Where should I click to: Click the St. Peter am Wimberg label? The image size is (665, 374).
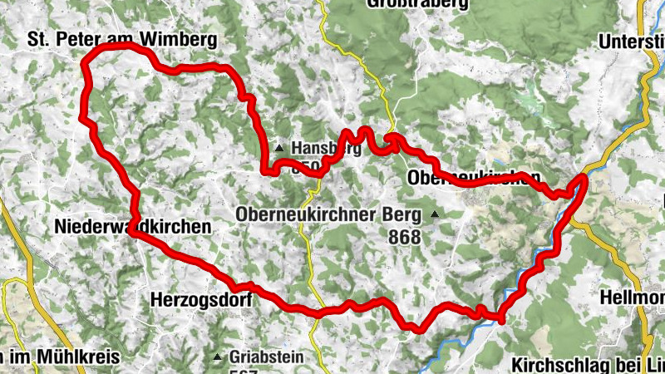pyautogui.click(x=122, y=39)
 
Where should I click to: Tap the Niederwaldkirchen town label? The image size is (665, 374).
pyautogui.click(x=133, y=226)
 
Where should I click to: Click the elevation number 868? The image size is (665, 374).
pyautogui.click(x=404, y=237)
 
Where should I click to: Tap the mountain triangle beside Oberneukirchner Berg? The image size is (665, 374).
pyautogui.click(x=434, y=214)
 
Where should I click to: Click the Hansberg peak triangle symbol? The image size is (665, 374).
pyautogui.click(x=280, y=149)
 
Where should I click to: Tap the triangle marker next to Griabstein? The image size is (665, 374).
pyautogui.click(x=218, y=358)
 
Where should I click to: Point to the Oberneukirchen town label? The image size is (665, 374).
pyautogui.click(x=474, y=178)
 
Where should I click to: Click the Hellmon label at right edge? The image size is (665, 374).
pyautogui.click(x=631, y=297)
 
